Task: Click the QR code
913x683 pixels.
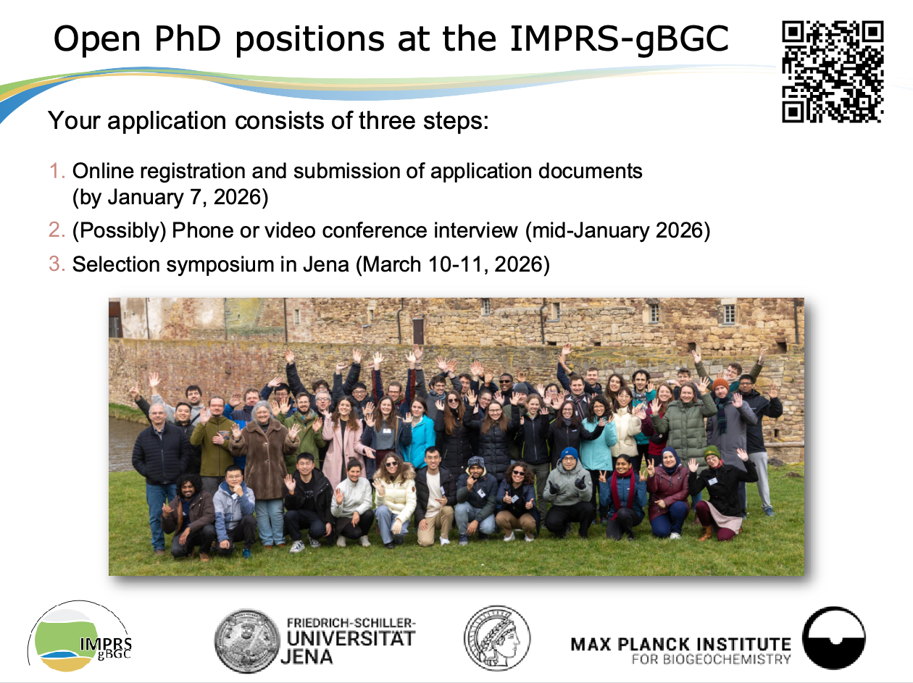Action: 833,72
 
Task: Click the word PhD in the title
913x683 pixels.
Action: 187,38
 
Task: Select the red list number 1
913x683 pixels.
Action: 57,171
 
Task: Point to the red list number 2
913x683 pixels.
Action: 57,230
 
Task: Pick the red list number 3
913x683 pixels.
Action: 57,264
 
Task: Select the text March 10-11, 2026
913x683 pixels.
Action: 453,264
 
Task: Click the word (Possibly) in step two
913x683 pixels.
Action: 120,231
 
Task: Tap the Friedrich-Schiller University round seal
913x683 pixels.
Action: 247,641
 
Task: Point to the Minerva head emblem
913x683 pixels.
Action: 497,638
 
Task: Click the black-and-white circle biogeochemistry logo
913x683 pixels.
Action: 833,637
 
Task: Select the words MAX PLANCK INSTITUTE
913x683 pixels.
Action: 681,645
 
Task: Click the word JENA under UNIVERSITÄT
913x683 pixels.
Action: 307,657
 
